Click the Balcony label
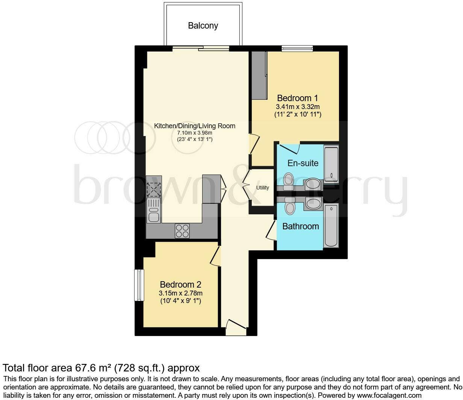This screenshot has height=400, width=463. (x=203, y=26)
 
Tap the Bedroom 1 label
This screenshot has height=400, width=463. (x=297, y=98)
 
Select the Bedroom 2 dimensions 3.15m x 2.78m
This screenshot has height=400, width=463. (x=181, y=293)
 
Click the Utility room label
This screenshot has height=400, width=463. (x=262, y=188)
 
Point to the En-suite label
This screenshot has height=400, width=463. (x=303, y=163)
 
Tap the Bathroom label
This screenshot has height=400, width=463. (x=300, y=226)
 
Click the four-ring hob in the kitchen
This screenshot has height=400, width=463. (x=182, y=230)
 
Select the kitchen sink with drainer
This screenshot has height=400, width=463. (x=154, y=211)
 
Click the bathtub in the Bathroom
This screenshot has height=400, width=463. (x=331, y=226)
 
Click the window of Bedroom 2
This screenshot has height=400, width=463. (x=139, y=285)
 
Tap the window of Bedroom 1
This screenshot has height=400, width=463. (x=297, y=48)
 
